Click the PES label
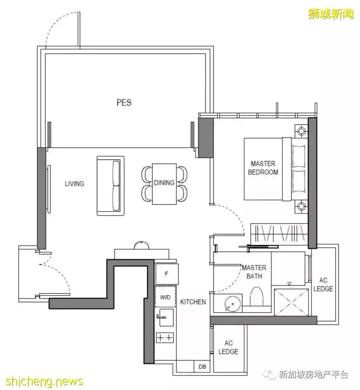coord(124,102)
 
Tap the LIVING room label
coord(74,184)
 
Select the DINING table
coord(164,184)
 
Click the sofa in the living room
coord(110,186)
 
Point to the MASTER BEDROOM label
coord(263,168)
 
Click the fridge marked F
coord(167,274)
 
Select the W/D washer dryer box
coord(166,297)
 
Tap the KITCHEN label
coord(193,302)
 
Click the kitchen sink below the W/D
coord(166,317)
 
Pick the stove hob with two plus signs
coord(165,337)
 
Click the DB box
coord(202,366)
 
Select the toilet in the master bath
coord(256,296)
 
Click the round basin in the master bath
coord(233,304)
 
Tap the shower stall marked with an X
coord(291,303)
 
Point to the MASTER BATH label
coord(254,272)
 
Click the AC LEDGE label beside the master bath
coord(323,285)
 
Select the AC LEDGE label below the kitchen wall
coord(228,347)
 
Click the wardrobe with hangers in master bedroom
coord(279,233)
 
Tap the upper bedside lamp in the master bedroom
coord(301,130)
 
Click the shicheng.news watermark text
coord(44,381)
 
